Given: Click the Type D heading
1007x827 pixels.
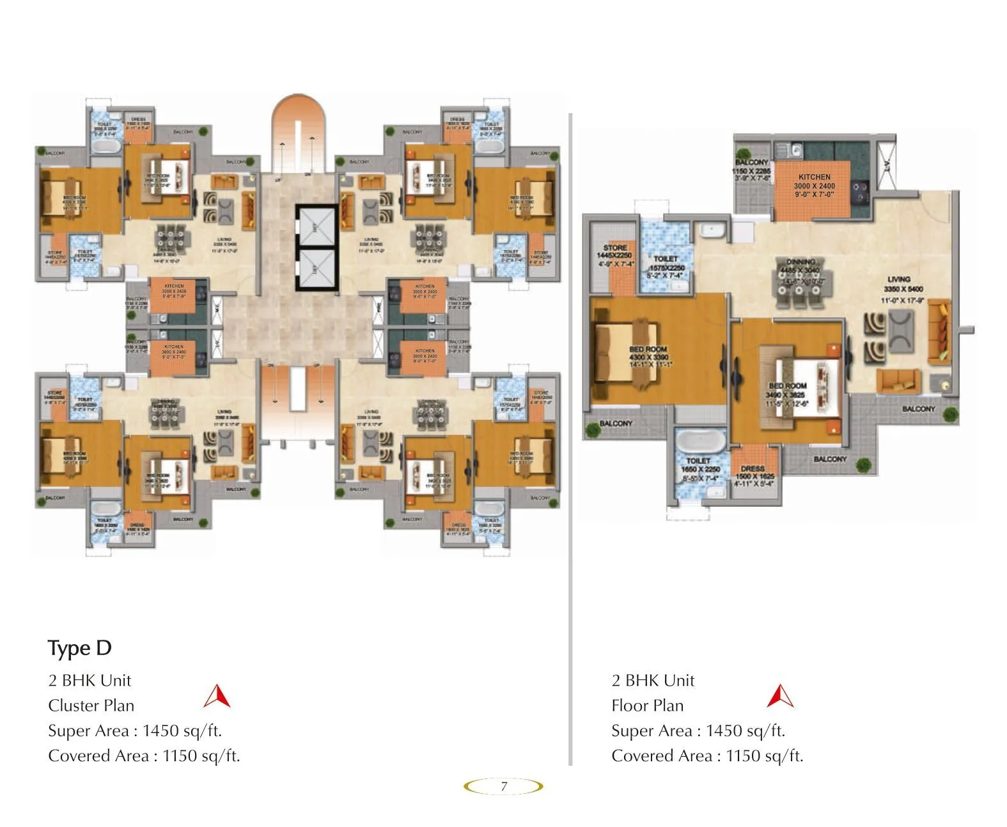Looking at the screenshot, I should click(x=80, y=648).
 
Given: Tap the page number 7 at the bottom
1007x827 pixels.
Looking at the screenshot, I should click(x=504, y=786).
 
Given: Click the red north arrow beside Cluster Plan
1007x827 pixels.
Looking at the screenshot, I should click(x=217, y=697).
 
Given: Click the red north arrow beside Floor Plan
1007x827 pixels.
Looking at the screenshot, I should click(x=780, y=697).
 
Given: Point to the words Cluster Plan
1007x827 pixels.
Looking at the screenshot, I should click(x=91, y=706).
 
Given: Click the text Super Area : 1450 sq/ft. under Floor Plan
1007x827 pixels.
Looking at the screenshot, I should click(x=698, y=730).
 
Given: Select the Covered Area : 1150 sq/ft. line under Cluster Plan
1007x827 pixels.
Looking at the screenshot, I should click(x=144, y=755).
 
